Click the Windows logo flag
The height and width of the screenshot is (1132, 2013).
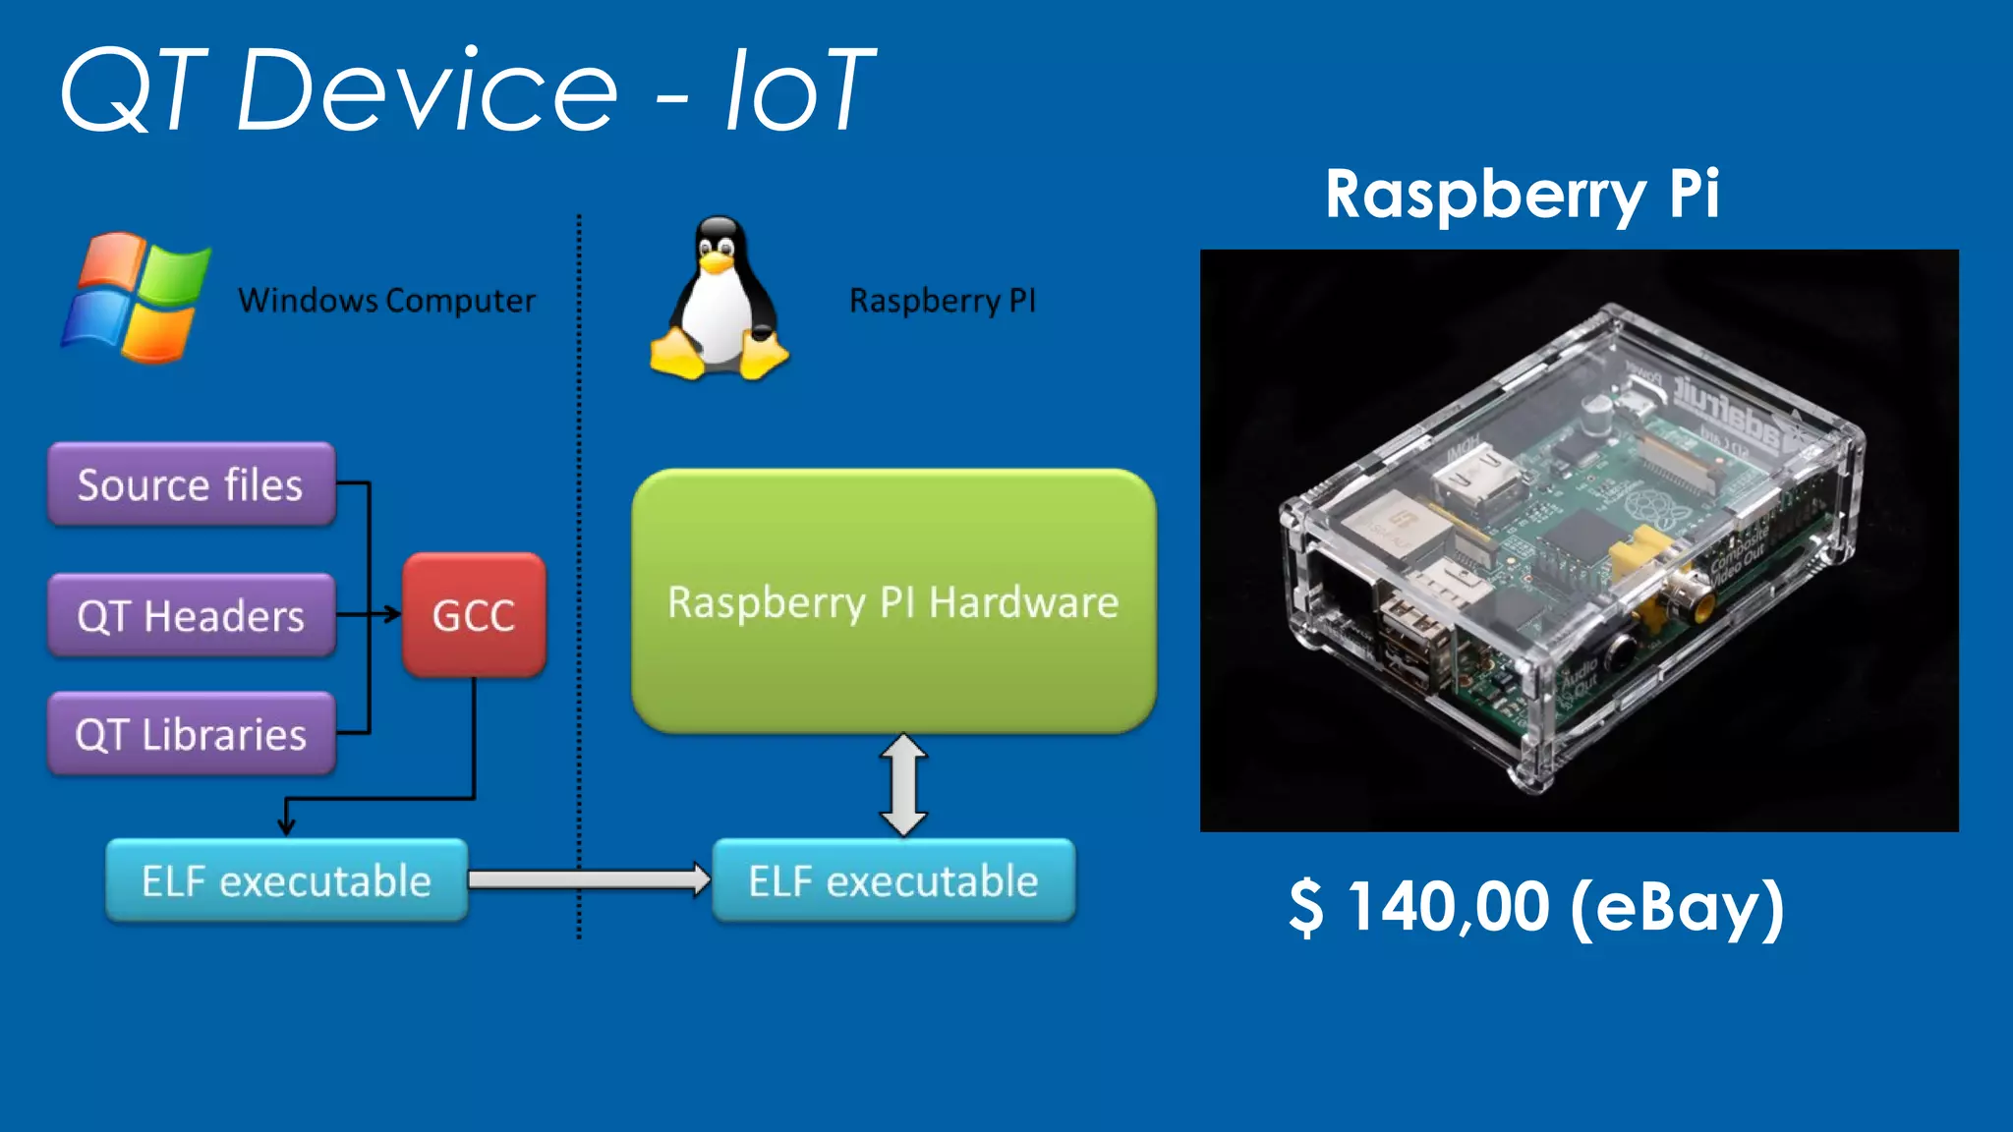coord(136,298)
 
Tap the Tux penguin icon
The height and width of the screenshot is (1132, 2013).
coord(719,299)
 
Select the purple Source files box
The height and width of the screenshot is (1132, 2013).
coord(192,484)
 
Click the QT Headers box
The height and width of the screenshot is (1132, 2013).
coord(192,616)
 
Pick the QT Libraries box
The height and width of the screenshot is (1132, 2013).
coord(192,734)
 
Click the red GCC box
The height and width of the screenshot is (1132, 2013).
coord(474,616)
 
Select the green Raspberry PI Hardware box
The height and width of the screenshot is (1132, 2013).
coord(892,601)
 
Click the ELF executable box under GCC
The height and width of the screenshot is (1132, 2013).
coord(286,880)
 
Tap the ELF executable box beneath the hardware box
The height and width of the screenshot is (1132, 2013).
coord(892,880)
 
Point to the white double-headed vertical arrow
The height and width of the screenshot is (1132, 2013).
coord(903,785)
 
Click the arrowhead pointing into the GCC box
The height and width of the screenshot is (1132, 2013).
coord(393,615)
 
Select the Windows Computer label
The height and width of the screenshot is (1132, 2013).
coord(387,300)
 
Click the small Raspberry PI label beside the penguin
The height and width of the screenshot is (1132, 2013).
coord(942,300)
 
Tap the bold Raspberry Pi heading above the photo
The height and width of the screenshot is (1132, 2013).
coord(1522,194)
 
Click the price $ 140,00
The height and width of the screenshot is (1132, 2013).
coord(1419,906)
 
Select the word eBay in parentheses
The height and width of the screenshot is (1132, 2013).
coord(1679,906)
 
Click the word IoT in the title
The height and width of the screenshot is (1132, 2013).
coord(799,90)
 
